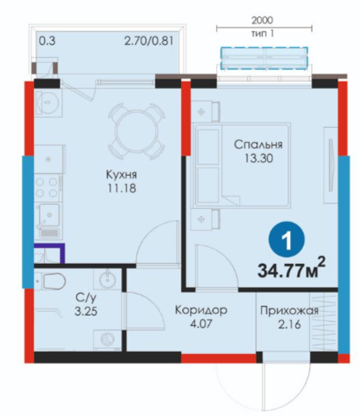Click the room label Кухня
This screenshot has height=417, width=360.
point(121,174)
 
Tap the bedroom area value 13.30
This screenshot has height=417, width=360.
point(259,159)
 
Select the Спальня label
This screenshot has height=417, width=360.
point(258,144)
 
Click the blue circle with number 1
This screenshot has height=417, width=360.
point(287,240)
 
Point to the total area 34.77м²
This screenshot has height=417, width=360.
point(292,269)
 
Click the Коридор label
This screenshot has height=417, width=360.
point(201,310)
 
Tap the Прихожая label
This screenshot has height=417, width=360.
point(289,311)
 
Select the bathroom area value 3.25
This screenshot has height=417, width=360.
point(86,312)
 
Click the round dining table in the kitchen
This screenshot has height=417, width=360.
point(136,130)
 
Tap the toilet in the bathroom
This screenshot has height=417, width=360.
point(51,282)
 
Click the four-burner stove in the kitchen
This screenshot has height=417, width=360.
point(46,187)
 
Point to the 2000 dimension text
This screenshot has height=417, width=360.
point(263,20)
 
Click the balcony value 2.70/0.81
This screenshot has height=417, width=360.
point(149,41)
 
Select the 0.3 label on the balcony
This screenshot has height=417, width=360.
point(47,41)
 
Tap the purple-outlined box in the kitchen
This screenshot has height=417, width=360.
point(50,253)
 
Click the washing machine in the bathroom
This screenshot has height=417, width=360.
point(108,338)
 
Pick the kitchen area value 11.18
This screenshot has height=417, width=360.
point(122,188)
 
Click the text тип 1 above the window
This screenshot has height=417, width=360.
point(263,34)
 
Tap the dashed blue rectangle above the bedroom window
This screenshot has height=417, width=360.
point(264,58)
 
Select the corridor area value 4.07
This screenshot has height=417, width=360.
point(201,324)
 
